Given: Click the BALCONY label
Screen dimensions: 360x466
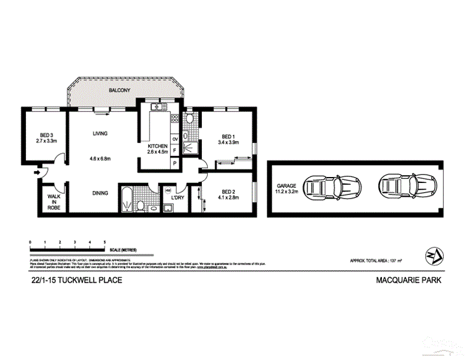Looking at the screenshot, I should (x=120, y=90).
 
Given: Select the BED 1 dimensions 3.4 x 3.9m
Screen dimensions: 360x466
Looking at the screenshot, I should (x=229, y=142).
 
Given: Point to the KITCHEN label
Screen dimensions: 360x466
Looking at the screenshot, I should (x=159, y=146).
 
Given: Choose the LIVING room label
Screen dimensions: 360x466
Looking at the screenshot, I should (x=100, y=134).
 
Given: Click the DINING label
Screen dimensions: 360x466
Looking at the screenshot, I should (x=100, y=193).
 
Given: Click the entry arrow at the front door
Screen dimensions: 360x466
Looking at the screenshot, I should (x=37, y=173).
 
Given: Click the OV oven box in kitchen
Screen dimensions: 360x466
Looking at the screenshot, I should (x=175, y=139).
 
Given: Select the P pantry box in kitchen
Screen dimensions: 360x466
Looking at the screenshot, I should (x=175, y=163).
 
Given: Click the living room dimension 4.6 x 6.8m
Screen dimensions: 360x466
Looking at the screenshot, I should (x=100, y=158).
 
